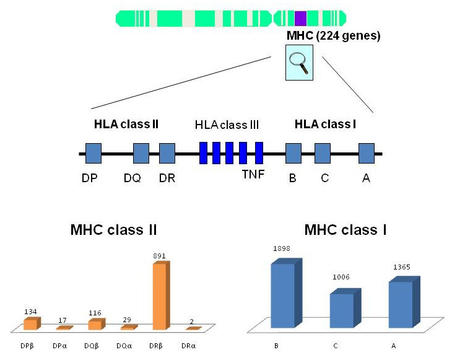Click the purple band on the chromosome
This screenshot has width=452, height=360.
[300, 19]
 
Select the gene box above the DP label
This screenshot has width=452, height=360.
[93, 153]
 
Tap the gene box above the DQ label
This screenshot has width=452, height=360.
[141, 153]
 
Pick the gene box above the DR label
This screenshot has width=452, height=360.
[167, 153]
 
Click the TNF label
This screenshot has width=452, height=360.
[254, 173]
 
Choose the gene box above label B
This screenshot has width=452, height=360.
[293, 153]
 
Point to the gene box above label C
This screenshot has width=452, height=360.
[323, 153]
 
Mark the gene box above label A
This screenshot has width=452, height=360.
[367, 153]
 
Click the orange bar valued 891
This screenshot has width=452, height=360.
[160, 296]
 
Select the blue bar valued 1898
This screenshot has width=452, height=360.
[283, 294]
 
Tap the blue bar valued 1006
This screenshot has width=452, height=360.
[341, 310]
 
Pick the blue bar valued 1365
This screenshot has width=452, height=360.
[401, 304]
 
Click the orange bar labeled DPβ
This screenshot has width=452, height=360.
[30, 324]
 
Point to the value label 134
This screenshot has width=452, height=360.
[30, 312]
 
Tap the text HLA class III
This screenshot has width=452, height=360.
[226, 125]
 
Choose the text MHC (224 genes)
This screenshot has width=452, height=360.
[333, 36]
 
